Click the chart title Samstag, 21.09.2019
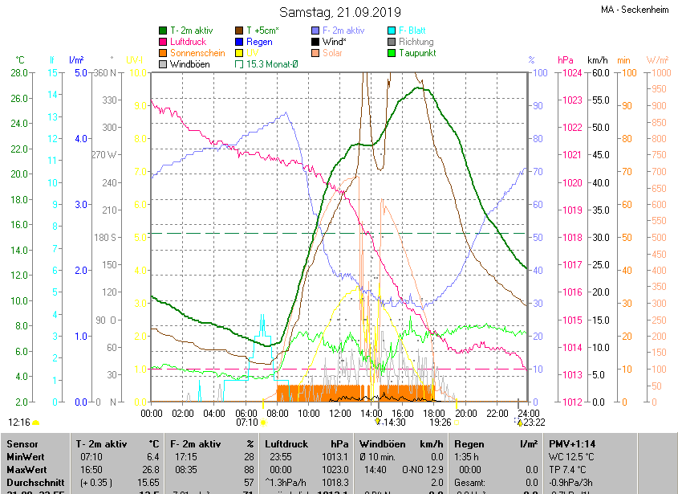(339, 12)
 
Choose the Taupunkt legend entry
(417, 52)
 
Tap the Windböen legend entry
(188, 63)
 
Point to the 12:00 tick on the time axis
(340, 413)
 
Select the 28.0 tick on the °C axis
(19, 73)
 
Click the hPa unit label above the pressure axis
(566, 60)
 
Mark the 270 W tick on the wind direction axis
(104, 155)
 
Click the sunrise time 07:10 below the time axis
(246, 422)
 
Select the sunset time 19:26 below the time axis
(440, 422)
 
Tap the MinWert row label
(26, 457)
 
